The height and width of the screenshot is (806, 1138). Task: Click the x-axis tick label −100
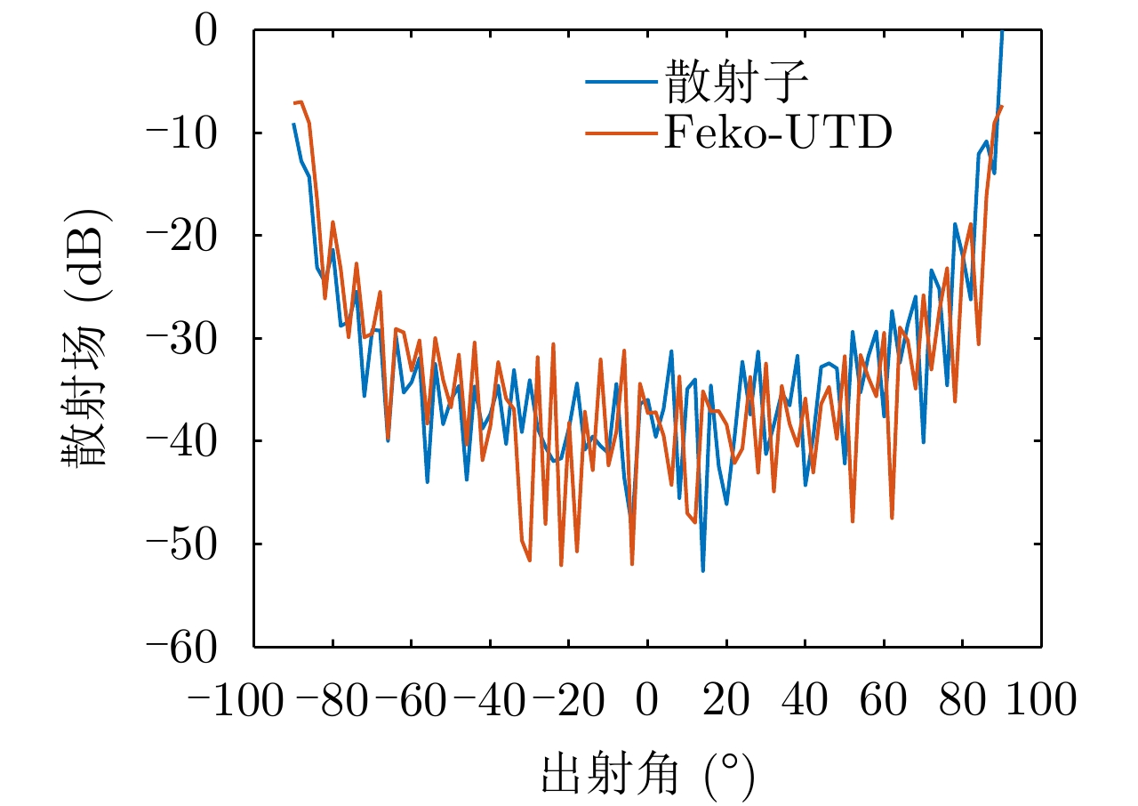tap(237, 700)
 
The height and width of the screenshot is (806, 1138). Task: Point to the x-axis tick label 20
tap(726, 700)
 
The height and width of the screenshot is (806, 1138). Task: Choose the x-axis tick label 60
tap(884, 700)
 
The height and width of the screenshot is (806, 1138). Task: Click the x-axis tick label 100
tap(1041, 700)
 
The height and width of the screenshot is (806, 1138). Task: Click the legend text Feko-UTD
tap(776, 133)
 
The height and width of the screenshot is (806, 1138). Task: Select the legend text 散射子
tap(734, 84)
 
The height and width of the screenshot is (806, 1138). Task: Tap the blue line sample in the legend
tap(621, 84)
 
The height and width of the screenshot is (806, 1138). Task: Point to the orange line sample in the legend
tap(621, 133)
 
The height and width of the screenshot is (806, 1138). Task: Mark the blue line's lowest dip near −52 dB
tap(702, 570)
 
